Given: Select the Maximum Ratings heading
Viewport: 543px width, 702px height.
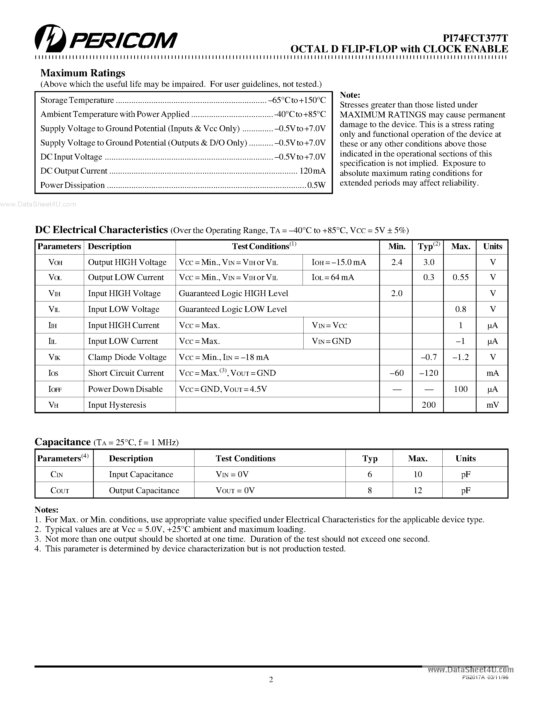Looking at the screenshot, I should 83,73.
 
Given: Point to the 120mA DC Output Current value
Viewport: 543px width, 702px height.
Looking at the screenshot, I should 312,171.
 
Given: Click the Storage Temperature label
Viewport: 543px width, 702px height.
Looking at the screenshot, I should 77,100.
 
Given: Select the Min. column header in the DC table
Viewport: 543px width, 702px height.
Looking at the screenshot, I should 396,247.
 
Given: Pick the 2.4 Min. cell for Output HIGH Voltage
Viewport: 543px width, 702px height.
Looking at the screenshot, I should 396,262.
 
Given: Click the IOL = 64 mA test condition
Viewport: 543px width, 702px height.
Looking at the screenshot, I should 333,277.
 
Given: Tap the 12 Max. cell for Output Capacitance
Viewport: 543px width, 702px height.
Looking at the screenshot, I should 418,490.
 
